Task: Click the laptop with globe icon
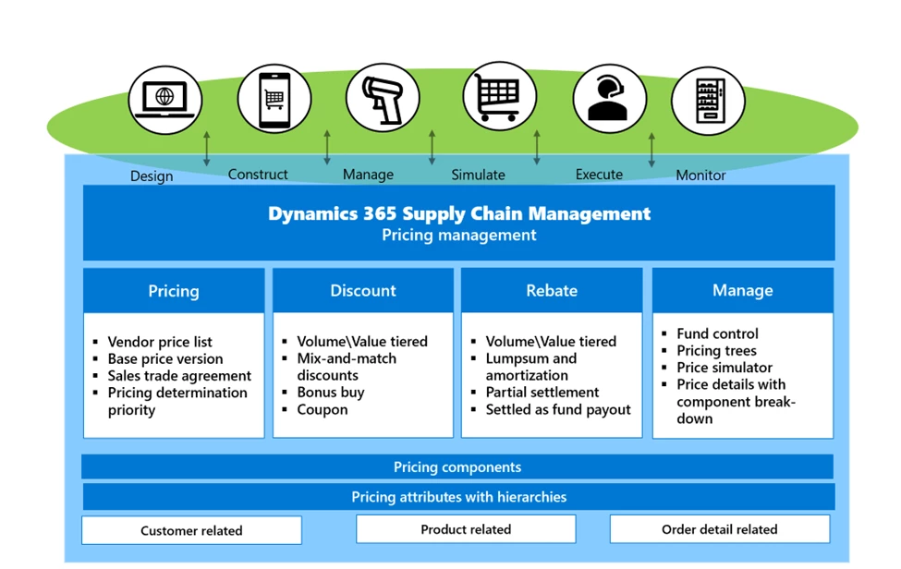click(x=164, y=100)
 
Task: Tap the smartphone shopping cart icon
click(x=274, y=98)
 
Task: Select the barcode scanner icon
click(x=383, y=98)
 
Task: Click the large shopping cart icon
click(x=499, y=97)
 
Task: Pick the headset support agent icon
click(x=609, y=98)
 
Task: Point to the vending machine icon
click(x=708, y=100)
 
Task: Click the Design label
click(x=152, y=176)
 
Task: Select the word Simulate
click(x=478, y=175)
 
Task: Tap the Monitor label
click(x=700, y=175)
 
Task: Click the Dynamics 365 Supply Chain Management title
click(x=459, y=214)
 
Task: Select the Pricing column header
click(x=174, y=291)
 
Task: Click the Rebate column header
click(x=552, y=291)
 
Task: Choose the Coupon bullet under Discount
click(x=322, y=409)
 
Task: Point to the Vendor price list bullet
click(x=160, y=342)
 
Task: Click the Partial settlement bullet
click(x=542, y=393)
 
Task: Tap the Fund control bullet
click(x=717, y=333)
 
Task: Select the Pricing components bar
click(x=457, y=467)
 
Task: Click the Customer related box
click(x=191, y=530)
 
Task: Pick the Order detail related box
click(x=719, y=529)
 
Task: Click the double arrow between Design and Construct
click(x=207, y=149)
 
